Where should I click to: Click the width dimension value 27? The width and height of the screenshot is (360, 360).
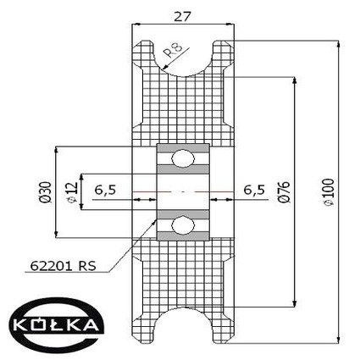click(x=183, y=14)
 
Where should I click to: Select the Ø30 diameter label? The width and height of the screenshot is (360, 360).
click(x=44, y=191)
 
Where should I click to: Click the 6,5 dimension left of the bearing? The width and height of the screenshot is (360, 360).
click(x=106, y=191)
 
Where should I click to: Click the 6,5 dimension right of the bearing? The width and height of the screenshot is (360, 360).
click(x=254, y=189)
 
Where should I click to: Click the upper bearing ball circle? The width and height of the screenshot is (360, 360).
click(x=183, y=158)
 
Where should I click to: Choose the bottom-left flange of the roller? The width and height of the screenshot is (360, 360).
click(x=143, y=326)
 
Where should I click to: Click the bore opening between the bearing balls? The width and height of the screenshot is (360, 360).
click(x=183, y=191)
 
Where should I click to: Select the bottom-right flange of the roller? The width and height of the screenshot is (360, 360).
click(x=223, y=326)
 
